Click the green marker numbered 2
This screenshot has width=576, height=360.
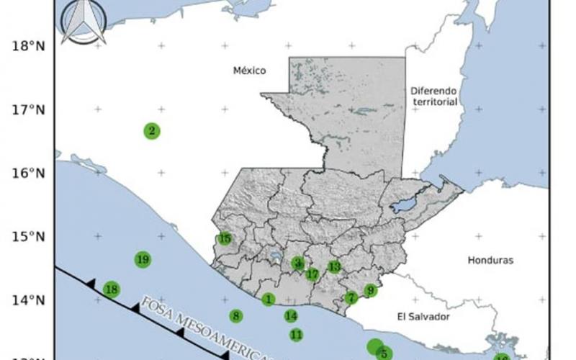click(x=152, y=131)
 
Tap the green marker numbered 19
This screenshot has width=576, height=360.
click(x=143, y=259)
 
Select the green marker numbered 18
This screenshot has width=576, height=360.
click(x=111, y=290)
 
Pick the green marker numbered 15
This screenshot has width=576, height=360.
click(x=225, y=238)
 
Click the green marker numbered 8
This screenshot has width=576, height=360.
click(x=236, y=316)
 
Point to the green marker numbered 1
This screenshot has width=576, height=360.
click(x=269, y=299)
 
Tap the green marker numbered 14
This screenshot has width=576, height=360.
click(x=291, y=315)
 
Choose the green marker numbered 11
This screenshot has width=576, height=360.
click(x=296, y=335)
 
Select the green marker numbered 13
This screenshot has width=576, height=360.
click(x=334, y=267)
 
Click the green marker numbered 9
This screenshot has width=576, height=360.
click(x=371, y=291)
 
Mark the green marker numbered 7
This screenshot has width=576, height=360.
click(x=351, y=298)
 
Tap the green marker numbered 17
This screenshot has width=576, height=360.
click(x=312, y=274)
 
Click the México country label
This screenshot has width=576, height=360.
click(x=250, y=71)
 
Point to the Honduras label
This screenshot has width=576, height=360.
click(x=490, y=261)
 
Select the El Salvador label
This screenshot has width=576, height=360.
click(x=423, y=317)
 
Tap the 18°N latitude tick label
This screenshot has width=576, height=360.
click(x=28, y=46)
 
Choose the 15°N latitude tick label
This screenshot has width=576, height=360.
click(x=28, y=237)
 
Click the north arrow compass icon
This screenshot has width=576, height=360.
click(x=84, y=22)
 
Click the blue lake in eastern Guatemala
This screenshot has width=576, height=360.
click(x=405, y=205)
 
